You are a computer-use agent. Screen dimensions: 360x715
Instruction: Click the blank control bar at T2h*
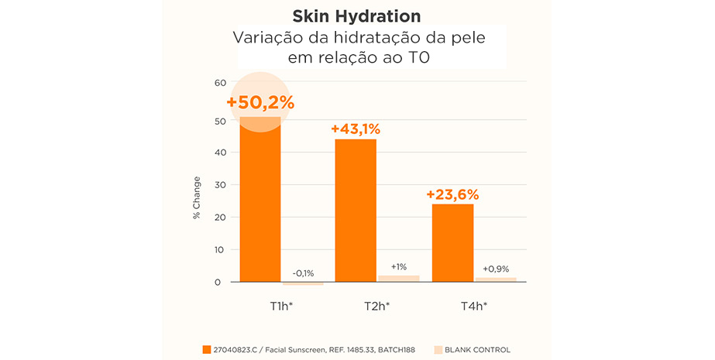[398, 279]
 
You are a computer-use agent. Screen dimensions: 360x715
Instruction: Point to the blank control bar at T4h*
[495, 279]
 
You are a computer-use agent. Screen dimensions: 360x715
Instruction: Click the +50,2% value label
[260, 103]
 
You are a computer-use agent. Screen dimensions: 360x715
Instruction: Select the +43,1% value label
[356, 129]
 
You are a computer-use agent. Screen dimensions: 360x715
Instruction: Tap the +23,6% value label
[452, 194]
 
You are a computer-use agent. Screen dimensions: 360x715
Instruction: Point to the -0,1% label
[303, 273]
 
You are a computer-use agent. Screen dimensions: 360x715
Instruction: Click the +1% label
[398, 266]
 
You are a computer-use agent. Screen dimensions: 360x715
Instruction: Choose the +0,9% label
[495, 269]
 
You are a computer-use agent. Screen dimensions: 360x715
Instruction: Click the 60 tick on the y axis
[220, 83]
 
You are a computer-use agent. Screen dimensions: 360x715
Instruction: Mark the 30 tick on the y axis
[220, 185]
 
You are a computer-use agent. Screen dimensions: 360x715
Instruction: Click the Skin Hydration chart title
[357, 16]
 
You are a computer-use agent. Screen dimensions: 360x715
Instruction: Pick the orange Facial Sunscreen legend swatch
[206, 350]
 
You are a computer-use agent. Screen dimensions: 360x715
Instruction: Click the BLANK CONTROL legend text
[477, 350]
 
